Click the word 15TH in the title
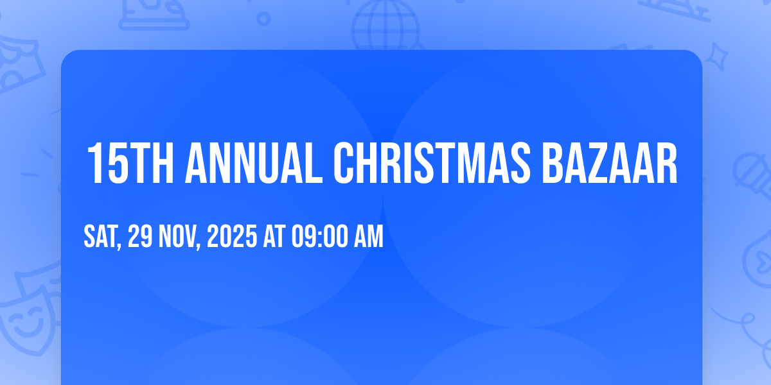[130, 163]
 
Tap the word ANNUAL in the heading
[254, 163]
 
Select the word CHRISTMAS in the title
[432, 163]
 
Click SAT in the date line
[100, 236]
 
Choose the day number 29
[140, 236]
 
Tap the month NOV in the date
[177, 236]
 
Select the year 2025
[232, 236]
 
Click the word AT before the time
[274, 236]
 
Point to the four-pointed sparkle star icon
[716, 56]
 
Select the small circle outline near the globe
[263, 19]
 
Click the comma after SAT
[119, 246]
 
